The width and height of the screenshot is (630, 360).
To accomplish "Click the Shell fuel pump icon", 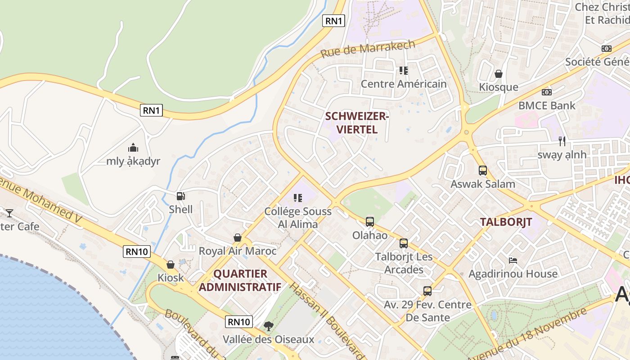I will pos(180,196).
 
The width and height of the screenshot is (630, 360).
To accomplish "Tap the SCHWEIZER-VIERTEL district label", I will pos(356,123).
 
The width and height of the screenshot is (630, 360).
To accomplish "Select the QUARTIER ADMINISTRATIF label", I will pos(240,280).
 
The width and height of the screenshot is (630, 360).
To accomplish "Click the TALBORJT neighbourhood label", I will pos(506,222).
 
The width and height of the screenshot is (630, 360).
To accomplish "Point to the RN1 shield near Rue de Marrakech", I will pos(334,20).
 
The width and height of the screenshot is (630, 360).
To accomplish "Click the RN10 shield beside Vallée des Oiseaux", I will pos(238,321).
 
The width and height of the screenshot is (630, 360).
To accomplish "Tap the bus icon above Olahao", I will pos(369,221).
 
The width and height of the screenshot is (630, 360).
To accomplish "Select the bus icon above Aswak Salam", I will pos(482,171).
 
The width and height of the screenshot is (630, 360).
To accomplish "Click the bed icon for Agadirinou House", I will pos(513,260).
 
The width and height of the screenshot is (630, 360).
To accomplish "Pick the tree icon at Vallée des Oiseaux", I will pos(269,325).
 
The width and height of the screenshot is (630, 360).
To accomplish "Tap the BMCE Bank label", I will pos(547,106).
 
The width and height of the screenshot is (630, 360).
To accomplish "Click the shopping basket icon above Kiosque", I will pos(498,73).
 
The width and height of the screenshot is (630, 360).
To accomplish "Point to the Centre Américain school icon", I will pos(403,70).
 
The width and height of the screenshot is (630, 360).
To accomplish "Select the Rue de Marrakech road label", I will pos(368,48).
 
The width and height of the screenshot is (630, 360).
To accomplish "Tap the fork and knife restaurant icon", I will pos(562,141).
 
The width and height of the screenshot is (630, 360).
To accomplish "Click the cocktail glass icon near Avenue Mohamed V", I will pos(9,213).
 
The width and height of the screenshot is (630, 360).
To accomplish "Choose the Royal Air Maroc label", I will pos(238,251).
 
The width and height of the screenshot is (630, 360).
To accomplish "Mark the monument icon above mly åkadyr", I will pos(133,148).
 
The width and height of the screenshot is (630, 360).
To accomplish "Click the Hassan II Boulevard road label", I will pos(326,320).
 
